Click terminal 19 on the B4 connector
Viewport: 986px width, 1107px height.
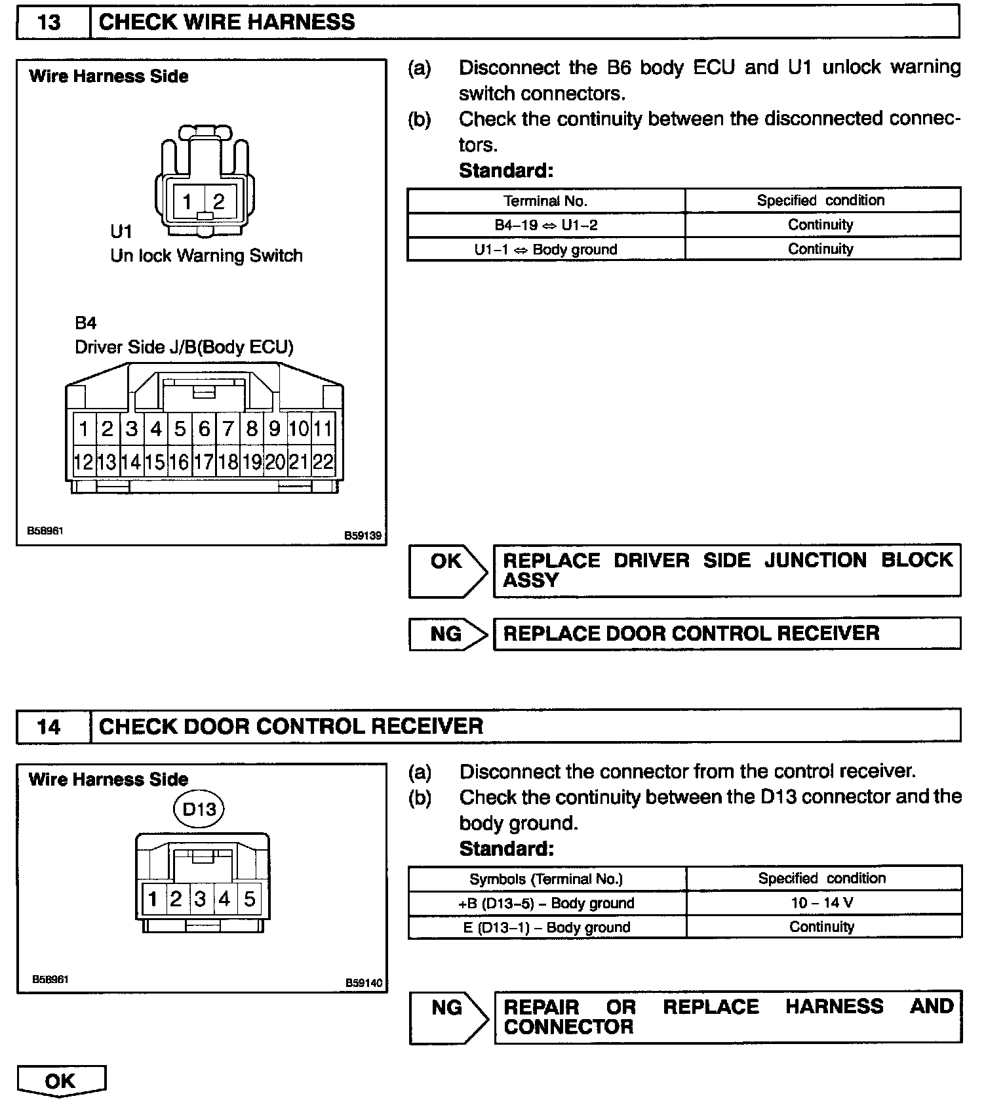(252, 462)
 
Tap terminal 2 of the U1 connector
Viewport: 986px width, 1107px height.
(219, 201)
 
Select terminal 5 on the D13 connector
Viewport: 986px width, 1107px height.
(249, 898)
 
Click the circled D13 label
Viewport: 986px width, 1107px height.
(199, 809)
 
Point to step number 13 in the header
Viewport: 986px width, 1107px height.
(50, 22)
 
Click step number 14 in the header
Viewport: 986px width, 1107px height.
(50, 727)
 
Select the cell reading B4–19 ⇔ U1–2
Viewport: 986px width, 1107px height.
(545, 225)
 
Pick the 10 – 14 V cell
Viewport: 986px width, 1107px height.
(822, 903)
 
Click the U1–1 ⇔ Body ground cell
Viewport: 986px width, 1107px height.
(545, 249)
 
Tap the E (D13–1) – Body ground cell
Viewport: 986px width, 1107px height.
(547, 927)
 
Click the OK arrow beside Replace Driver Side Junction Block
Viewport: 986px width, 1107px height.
(447, 569)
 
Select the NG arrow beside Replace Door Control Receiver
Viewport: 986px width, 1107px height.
(447, 634)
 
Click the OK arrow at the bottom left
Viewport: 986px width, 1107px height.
(60, 1081)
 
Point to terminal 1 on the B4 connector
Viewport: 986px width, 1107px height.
(84, 429)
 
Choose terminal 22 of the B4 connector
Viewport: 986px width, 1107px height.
(323, 462)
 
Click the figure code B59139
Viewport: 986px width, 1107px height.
(363, 535)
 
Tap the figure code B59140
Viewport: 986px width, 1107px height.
(363, 983)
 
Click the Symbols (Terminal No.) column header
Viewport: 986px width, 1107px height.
(546, 879)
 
